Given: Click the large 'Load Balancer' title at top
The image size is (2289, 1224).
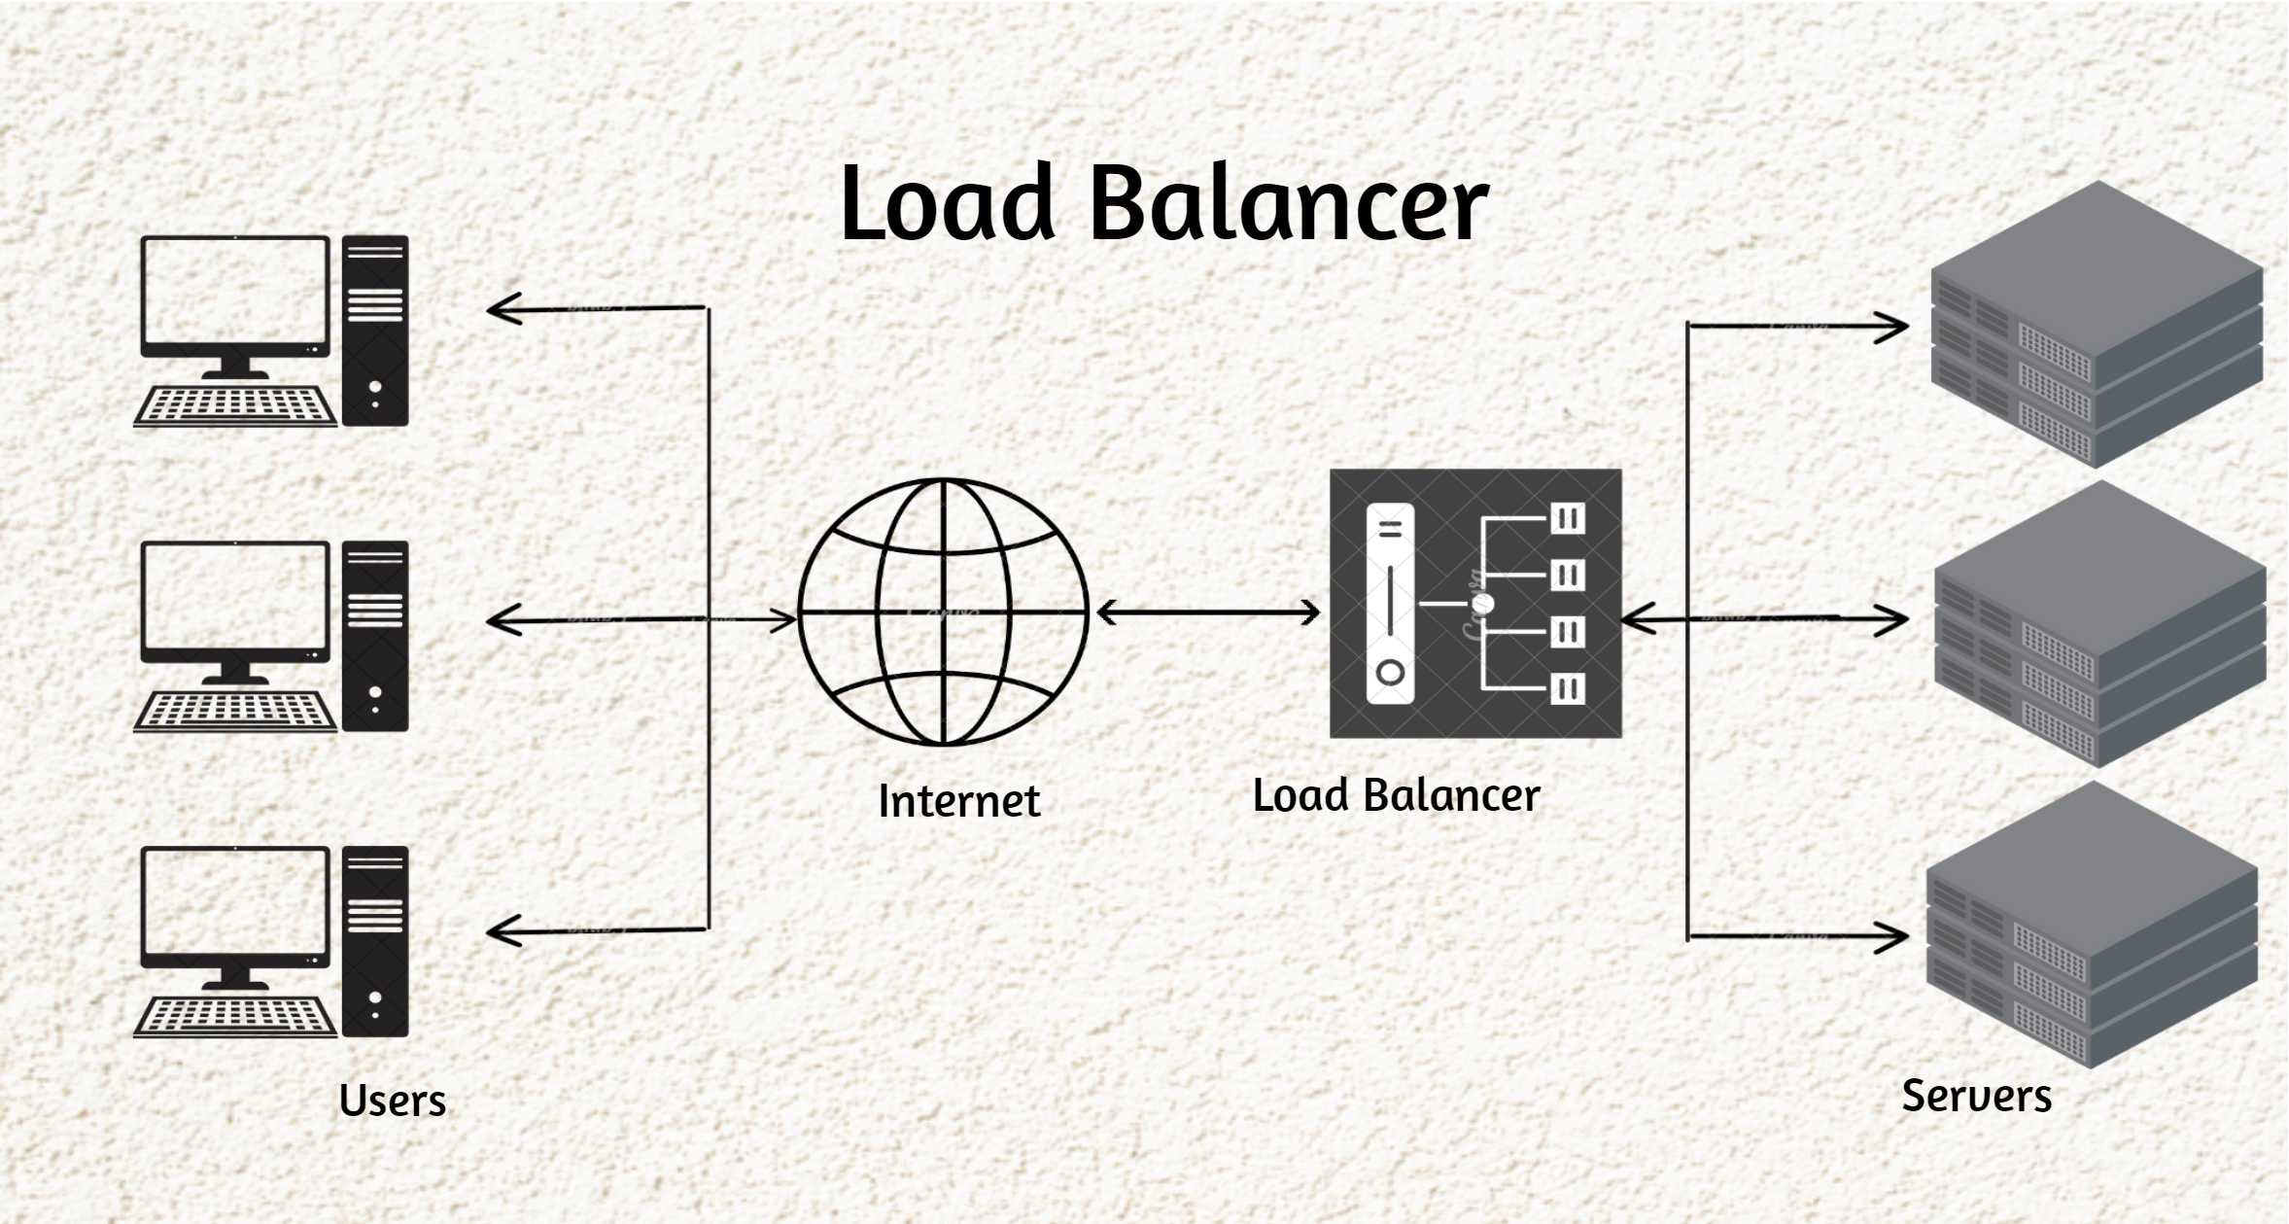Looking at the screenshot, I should [x=1163, y=204].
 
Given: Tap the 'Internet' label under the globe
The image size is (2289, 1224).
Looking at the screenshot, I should [x=958, y=802].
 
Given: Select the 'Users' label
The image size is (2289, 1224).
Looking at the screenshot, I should [x=393, y=1102].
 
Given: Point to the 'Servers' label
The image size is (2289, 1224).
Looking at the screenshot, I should [x=1976, y=1097].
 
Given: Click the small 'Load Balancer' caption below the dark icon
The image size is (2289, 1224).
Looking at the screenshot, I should [x=1396, y=796].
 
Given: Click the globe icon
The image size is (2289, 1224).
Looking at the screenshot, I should [x=943, y=612].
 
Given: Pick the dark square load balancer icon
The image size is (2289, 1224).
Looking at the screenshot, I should [x=1475, y=604].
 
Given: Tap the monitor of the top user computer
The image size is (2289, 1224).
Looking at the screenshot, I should [x=235, y=297].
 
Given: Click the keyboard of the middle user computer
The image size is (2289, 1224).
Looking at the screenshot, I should [x=235, y=711].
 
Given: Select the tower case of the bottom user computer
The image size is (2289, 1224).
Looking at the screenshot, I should [x=375, y=941].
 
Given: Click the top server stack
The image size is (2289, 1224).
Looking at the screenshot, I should [x=2097, y=325].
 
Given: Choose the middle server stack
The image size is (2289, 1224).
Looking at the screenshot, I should [x=2099, y=624].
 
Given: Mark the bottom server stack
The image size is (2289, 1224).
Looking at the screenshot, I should [x=2092, y=926].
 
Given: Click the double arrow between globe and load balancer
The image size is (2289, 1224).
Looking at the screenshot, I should [x=1208, y=612].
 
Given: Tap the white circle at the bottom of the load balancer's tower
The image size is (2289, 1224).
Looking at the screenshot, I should [x=1390, y=673].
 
